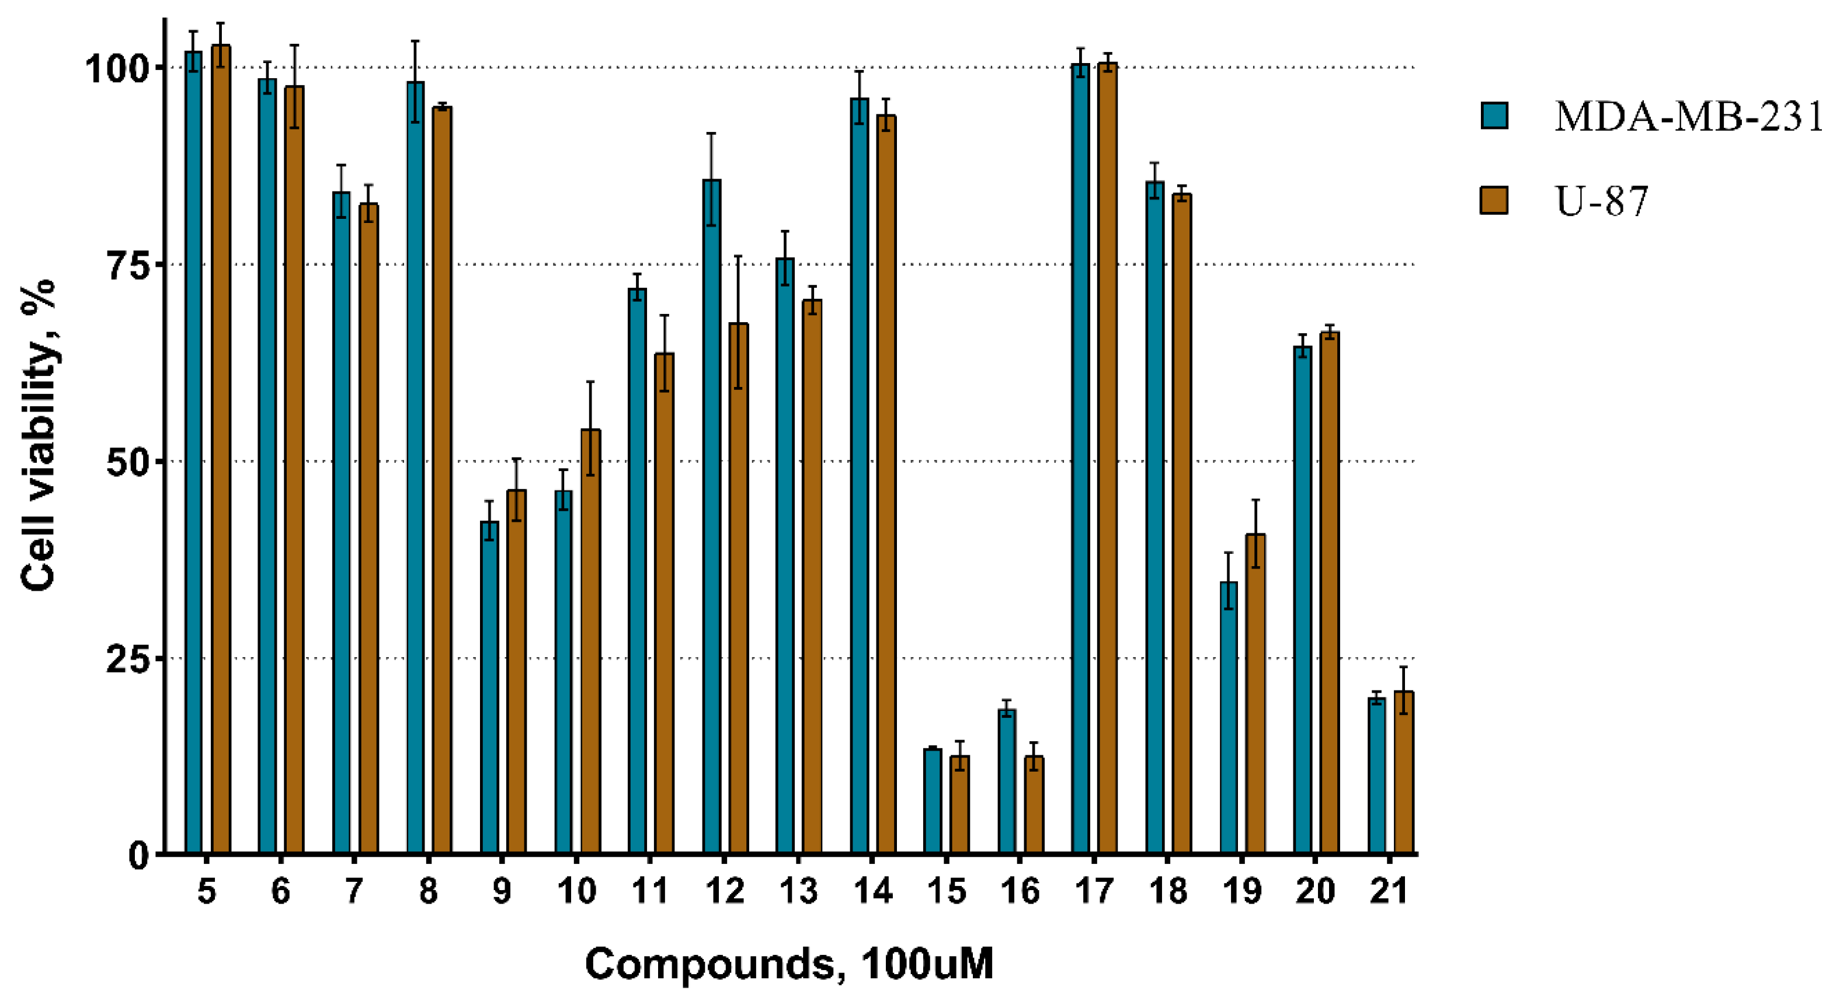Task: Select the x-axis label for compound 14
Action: (872, 891)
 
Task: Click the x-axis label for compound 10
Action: (576, 891)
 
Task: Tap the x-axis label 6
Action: (280, 891)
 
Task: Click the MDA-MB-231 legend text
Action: (1688, 116)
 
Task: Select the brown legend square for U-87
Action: (1494, 200)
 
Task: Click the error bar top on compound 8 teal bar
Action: (416, 41)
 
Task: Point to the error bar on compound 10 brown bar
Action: (590, 428)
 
